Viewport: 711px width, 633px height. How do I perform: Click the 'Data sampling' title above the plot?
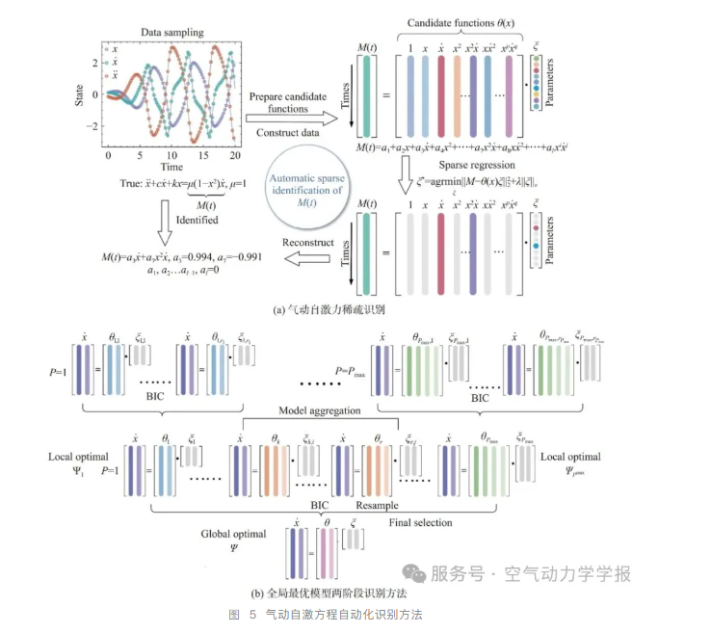(x=171, y=32)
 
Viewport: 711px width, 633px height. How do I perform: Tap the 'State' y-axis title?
(x=81, y=92)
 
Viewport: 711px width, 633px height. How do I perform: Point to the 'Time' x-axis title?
(x=172, y=168)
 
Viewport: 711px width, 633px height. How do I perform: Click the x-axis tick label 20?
(x=234, y=154)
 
